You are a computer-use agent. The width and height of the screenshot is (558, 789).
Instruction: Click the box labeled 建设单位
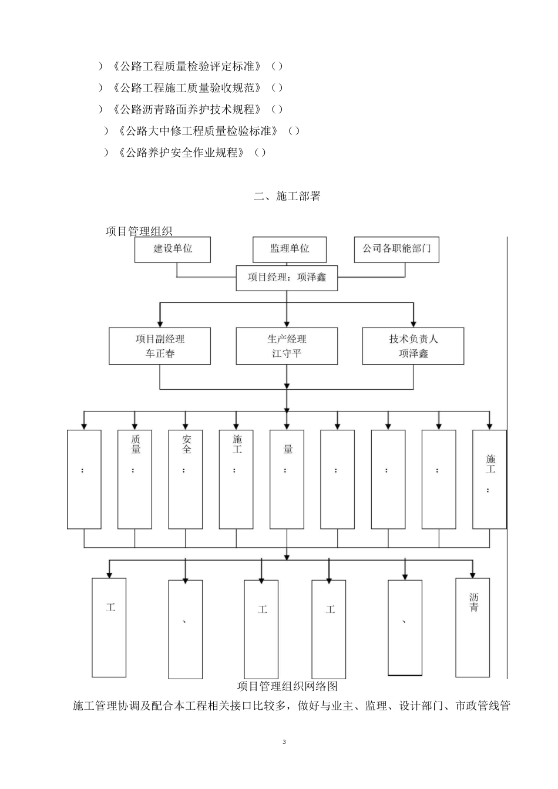coord(173,249)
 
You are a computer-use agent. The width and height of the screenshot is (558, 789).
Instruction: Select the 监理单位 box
coord(290,249)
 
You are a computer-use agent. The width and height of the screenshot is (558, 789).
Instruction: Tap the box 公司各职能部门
coord(396,249)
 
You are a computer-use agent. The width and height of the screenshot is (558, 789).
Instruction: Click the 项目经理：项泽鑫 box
coord(287,278)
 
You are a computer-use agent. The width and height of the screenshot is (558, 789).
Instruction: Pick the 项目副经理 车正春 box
coord(160,346)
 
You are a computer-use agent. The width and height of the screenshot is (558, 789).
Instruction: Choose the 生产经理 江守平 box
coord(287,346)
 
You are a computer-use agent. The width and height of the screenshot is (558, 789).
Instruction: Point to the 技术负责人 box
coord(413,346)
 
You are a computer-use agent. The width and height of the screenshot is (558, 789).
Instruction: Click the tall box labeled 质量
coord(135,479)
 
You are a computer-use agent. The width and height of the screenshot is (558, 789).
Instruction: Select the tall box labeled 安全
coord(186,479)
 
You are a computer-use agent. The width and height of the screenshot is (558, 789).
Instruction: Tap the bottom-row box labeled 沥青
coord(473,626)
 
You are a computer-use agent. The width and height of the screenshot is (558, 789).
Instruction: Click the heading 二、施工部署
coord(287,197)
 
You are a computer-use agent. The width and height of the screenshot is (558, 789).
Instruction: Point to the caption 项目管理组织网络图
coord(287,686)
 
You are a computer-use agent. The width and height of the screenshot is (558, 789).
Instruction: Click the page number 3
coord(284,742)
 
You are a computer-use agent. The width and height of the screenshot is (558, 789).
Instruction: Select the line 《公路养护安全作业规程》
coord(182,153)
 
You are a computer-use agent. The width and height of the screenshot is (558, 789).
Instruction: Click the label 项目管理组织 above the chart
coord(139,231)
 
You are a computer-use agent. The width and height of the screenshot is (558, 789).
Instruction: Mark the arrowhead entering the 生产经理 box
coord(287,324)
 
